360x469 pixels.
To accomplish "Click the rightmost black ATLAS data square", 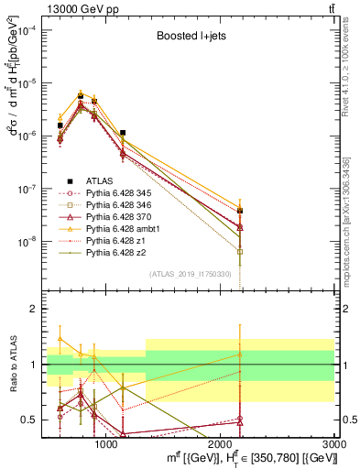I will point(240,211).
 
